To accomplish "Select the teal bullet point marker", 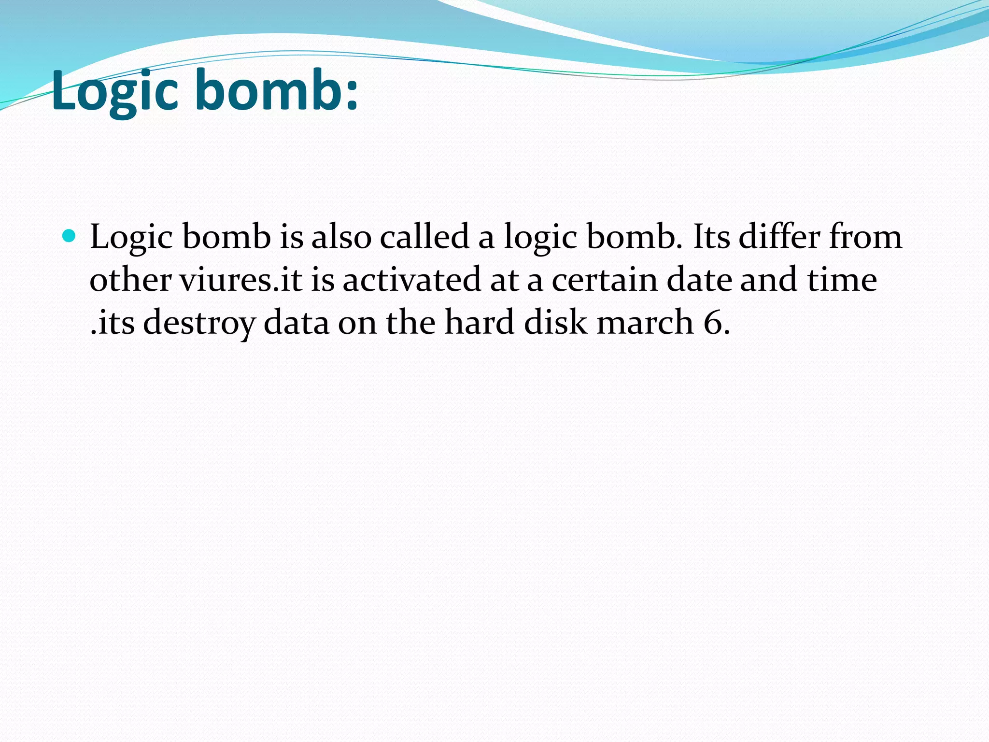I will click(x=70, y=236).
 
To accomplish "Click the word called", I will click(x=424, y=237).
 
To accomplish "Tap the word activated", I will click(x=412, y=280).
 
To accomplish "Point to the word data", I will click(x=296, y=322).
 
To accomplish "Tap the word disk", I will click(x=555, y=322).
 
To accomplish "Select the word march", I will click(x=645, y=322).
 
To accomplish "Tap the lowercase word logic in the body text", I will click(x=540, y=238).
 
